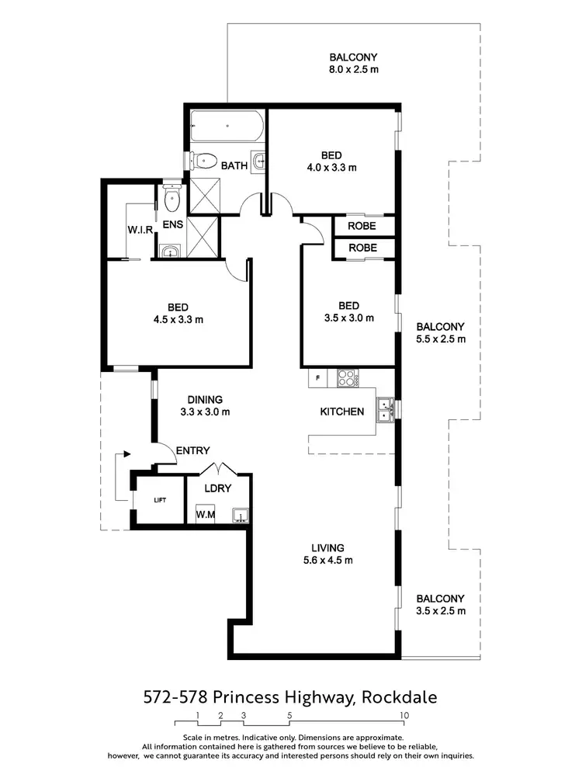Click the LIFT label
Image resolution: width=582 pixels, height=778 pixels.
[x=160, y=501]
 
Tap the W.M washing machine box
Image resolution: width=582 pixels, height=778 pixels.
[x=206, y=515]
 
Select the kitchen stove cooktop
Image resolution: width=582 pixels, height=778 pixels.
[x=345, y=378]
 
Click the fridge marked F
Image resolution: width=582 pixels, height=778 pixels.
[x=317, y=378]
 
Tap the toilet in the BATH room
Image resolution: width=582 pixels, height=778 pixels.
[x=203, y=162]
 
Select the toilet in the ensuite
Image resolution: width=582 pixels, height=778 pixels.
[x=172, y=200]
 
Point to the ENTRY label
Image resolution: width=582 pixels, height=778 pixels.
[x=193, y=450]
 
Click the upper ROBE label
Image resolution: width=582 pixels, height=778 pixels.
[x=362, y=226]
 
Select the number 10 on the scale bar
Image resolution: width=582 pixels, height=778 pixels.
[x=404, y=715]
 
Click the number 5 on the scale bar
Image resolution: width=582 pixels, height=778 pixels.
[x=289, y=715]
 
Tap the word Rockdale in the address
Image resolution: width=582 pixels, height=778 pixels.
[x=399, y=697]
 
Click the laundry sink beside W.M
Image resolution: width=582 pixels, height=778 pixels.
[x=241, y=514]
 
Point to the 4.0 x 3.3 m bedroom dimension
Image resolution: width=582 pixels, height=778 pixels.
[x=331, y=167]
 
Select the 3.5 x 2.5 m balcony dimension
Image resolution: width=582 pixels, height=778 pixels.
[x=440, y=611]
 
